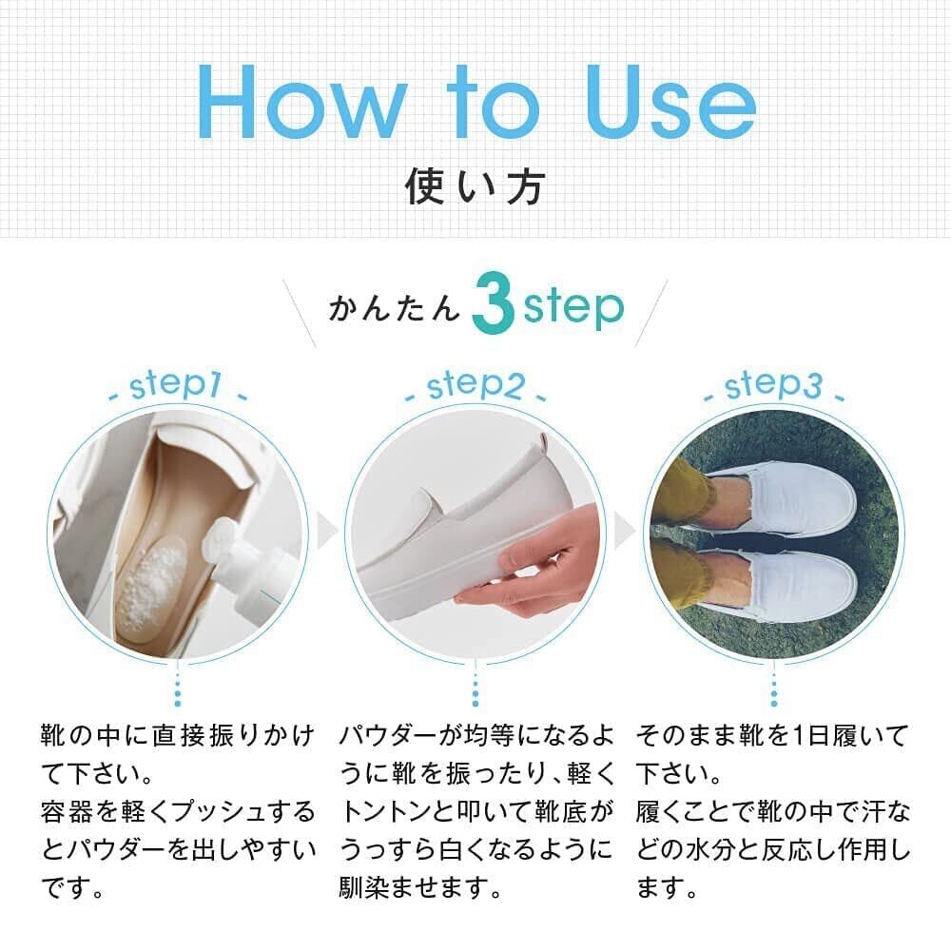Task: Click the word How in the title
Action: tap(301, 103)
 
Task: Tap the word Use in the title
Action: tap(670, 103)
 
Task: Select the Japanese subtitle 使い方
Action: tap(475, 186)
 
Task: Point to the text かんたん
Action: tap(395, 307)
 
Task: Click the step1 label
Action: tap(176, 386)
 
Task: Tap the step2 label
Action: tap(475, 386)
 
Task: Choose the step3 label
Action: tap(773, 386)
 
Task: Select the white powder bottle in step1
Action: tap(243, 569)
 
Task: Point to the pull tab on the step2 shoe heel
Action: tap(545, 444)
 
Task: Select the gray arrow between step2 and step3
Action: tap(624, 530)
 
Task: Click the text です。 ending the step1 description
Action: tap(73, 888)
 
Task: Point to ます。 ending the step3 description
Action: tap(668, 888)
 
